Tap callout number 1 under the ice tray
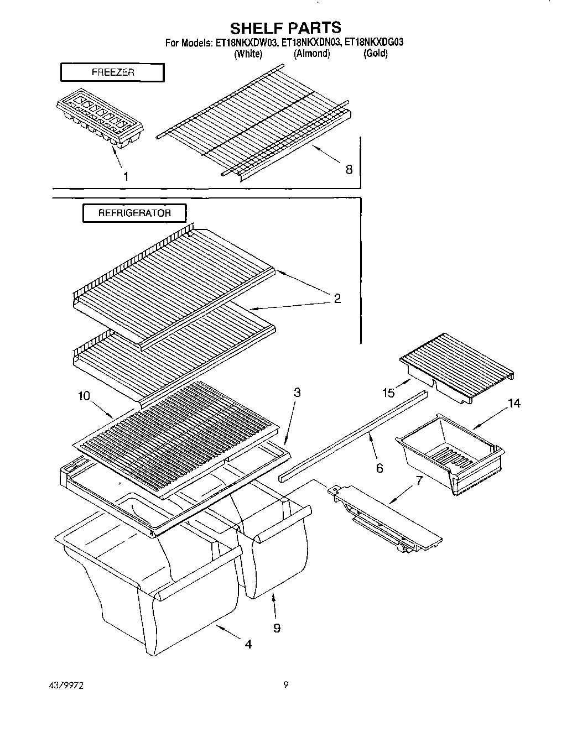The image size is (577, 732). [x=126, y=176]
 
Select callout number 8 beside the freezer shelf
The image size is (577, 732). [x=349, y=170]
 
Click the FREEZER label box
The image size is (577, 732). [x=112, y=72]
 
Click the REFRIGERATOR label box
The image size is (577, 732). [x=134, y=213]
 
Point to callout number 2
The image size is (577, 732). [x=337, y=299]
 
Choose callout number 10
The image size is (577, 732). [x=84, y=395]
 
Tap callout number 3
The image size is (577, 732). [x=297, y=393]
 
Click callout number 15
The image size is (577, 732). [x=388, y=393]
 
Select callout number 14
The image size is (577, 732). [x=514, y=404]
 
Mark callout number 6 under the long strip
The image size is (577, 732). [x=380, y=468]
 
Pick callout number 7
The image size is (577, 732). [x=419, y=480]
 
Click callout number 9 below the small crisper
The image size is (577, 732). [x=277, y=628]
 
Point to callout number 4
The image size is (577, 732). [x=248, y=644]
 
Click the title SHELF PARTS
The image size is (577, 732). [x=285, y=27]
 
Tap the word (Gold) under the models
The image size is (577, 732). [x=376, y=54]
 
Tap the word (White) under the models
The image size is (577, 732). [x=248, y=54]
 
